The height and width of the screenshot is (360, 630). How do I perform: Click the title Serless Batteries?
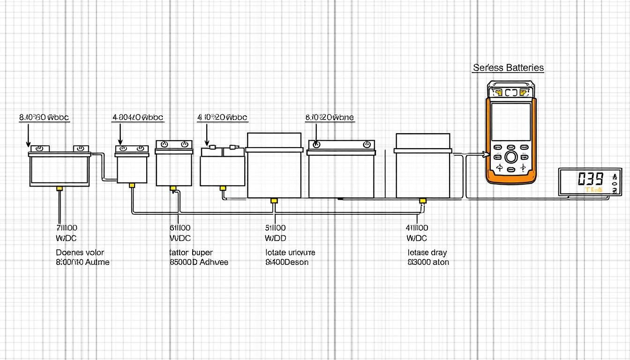[x=508, y=68]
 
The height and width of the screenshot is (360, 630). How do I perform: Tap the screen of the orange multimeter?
[x=510, y=121]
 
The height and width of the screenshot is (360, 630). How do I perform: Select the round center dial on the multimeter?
[x=511, y=157]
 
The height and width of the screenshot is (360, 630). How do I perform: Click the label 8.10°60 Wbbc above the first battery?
[x=44, y=117]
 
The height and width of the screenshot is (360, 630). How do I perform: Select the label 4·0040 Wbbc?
[x=138, y=117]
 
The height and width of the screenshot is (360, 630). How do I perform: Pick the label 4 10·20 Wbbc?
[x=222, y=117]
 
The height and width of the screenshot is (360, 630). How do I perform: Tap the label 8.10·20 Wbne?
[x=330, y=117]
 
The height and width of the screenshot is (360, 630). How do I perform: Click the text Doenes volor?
[x=80, y=253]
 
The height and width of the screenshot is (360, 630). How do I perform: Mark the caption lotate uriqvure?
[x=290, y=253]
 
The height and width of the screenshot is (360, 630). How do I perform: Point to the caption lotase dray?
[x=427, y=253]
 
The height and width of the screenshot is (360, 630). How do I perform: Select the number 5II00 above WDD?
[x=276, y=228]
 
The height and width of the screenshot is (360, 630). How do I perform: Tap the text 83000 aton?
[x=428, y=262]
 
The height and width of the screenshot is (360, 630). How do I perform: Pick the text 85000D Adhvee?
[x=199, y=262]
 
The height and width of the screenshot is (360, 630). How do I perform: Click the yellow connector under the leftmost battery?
[x=60, y=188]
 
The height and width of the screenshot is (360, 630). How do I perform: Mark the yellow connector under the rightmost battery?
[x=422, y=201]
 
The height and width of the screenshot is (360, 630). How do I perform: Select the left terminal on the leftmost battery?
[x=40, y=148]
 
